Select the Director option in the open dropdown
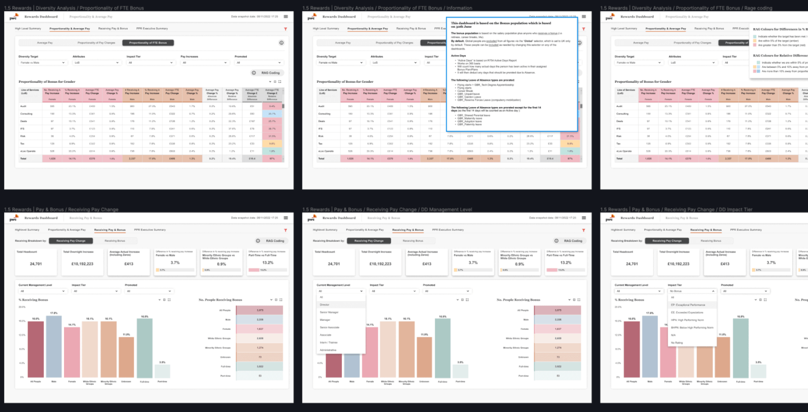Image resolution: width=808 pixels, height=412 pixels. pyautogui.click(x=325, y=304)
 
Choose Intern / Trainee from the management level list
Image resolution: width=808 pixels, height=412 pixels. pyautogui.click(x=328, y=342)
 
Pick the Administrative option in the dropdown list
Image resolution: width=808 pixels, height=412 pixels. pyautogui.click(x=328, y=350)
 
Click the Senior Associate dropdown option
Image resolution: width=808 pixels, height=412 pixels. pyautogui.click(x=329, y=327)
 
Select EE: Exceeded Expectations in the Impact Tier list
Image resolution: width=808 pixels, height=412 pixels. pyautogui.click(x=687, y=313)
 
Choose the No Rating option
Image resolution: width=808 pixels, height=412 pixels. pyautogui.click(x=677, y=343)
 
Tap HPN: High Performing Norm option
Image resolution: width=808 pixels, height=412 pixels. pyautogui.click(x=688, y=320)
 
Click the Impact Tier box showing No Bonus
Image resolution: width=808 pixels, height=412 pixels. pyautogui.click(x=692, y=291)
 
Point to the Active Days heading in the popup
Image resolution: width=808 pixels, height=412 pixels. pyautogui.click(x=459, y=56)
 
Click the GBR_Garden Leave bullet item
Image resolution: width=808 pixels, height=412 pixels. pyautogui.click(x=469, y=97)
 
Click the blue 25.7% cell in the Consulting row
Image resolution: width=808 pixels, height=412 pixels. pyautogui.click(x=272, y=114)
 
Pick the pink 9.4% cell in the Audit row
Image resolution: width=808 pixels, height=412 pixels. pyautogui.click(x=272, y=106)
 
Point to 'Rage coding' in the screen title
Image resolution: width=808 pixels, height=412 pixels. pyautogui.click(x=762, y=8)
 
